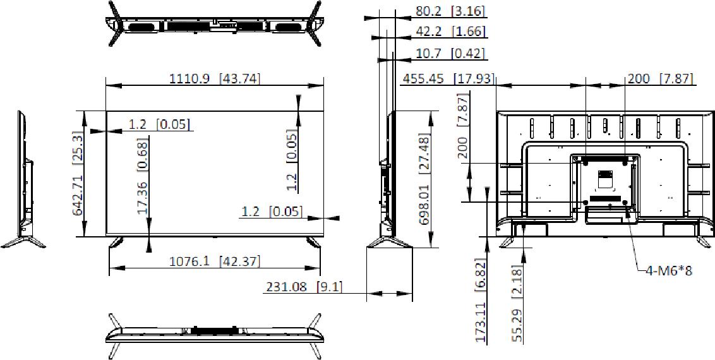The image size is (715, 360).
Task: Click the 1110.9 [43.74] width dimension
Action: click(215, 79)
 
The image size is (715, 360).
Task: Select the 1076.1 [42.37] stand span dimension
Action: click(215, 261)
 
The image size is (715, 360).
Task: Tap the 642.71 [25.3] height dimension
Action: click(78, 174)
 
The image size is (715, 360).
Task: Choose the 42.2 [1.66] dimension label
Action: click(450, 32)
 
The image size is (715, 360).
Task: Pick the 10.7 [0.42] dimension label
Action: click(449, 54)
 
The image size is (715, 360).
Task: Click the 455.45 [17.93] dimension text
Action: click(448, 79)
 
